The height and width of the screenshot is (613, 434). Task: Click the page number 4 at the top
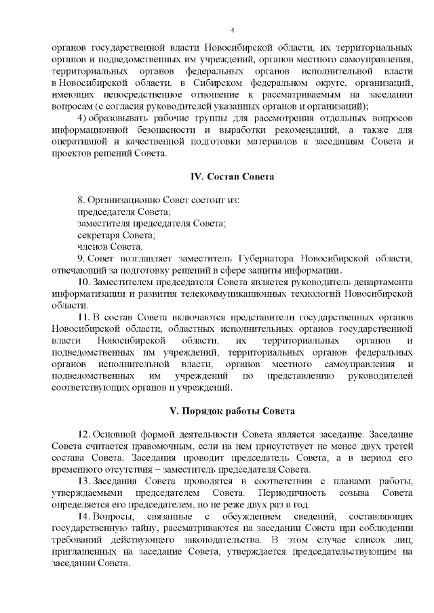[232, 30]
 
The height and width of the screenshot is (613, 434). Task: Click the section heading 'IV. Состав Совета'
[231, 177]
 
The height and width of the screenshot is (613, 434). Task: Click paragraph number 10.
[84, 282]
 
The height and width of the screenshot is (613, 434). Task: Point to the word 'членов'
[93, 246]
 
